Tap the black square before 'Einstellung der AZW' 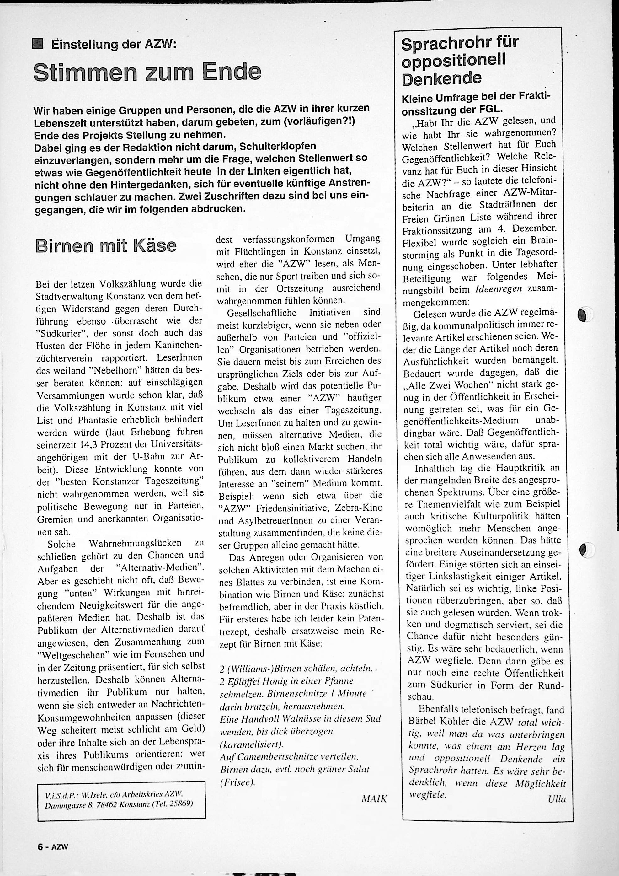39,44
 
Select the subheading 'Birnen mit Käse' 106,246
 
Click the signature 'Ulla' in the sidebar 557,799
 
